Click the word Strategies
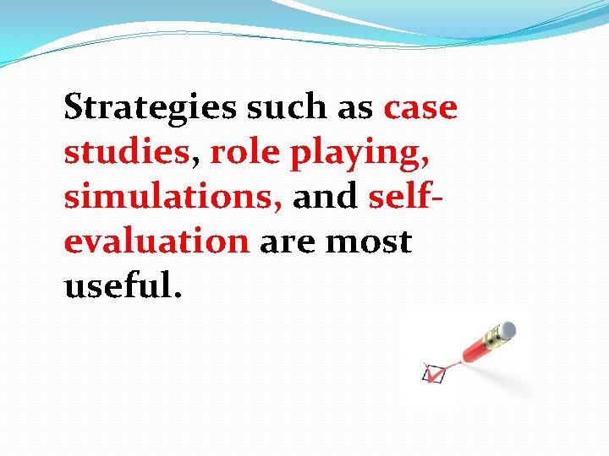(x=151, y=109)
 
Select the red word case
(x=420, y=107)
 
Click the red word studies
(x=126, y=152)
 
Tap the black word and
(x=325, y=197)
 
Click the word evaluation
(x=156, y=242)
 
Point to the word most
(x=369, y=242)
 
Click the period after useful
(x=176, y=296)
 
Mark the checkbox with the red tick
(x=433, y=372)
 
